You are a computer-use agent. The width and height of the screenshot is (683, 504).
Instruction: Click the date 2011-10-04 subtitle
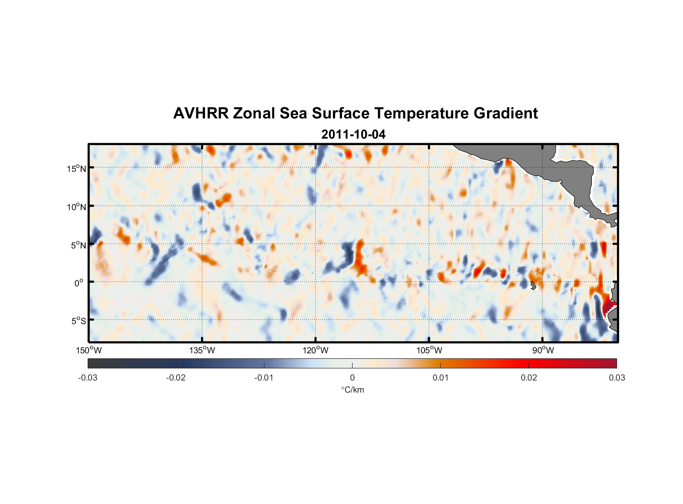pos(353,135)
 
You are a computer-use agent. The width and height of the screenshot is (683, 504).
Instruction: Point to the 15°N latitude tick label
pos(76,168)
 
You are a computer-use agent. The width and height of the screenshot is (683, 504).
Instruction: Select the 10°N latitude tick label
pos(76,207)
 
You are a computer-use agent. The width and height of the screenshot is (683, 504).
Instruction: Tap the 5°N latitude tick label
pos(78,245)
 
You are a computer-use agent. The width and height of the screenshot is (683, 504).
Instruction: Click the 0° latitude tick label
pos(79,283)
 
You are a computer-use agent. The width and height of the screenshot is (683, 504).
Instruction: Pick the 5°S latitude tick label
pos(78,321)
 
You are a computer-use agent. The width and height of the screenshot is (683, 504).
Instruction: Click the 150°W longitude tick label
pos(89,350)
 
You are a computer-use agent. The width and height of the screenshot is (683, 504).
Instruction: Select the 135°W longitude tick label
pos(202,350)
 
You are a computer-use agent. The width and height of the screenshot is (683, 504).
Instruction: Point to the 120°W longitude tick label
pos(315,350)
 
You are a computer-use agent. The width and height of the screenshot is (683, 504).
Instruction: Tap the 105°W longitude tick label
pos(429,350)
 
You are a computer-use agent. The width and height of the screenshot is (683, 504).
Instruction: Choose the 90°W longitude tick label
pos(542,350)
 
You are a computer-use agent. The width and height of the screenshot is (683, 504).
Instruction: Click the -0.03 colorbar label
pos(88,378)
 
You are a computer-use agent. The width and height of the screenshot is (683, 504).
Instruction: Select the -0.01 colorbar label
pos(264,378)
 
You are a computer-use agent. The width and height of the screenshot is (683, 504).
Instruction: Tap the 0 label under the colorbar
pos(352,378)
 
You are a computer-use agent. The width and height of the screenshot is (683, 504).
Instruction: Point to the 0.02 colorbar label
pos(529,378)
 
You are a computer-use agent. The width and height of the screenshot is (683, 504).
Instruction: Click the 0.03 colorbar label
pos(617,378)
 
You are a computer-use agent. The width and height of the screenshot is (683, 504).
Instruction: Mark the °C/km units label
pos(353,390)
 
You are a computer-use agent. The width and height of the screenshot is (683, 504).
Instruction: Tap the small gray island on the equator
pos(533,285)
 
